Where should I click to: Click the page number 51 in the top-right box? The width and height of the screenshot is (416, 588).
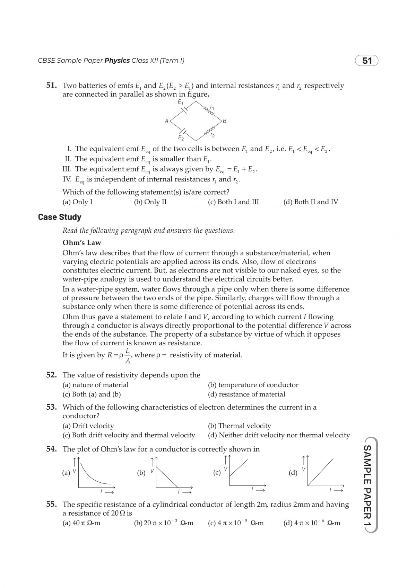pyautogui.click(x=367, y=61)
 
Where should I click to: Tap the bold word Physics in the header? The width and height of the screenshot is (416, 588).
pyautogui.click(x=117, y=61)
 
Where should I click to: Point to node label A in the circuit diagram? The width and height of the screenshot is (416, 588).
pyautogui.click(x=166, y=121)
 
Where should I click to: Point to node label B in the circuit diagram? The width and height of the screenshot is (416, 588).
pyautogui.click(x=225, y=121)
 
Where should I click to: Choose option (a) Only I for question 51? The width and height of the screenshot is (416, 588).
pyautogui.click(x=77, y=202)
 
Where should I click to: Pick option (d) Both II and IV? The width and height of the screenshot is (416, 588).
pyautogui.click(x=311, y=202)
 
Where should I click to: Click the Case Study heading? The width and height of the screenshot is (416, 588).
pyautogui.click(x=60, y=217)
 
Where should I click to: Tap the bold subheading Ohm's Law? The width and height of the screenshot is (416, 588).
pyautogui.click(x=82, y=243)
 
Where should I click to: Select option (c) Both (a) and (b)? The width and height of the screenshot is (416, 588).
pyautogui.click(x=92, y=394)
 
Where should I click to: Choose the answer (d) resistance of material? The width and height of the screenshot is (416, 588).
pyautogui.click(x=246, y=394)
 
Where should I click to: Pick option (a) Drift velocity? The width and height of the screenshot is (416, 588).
pyautogui.click(x=88, y=426)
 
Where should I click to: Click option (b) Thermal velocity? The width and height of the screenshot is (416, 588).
pyautogui.click(x=240, y=426)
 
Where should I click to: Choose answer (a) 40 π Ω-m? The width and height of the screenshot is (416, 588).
pyautogui.click(x=81, y=523)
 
